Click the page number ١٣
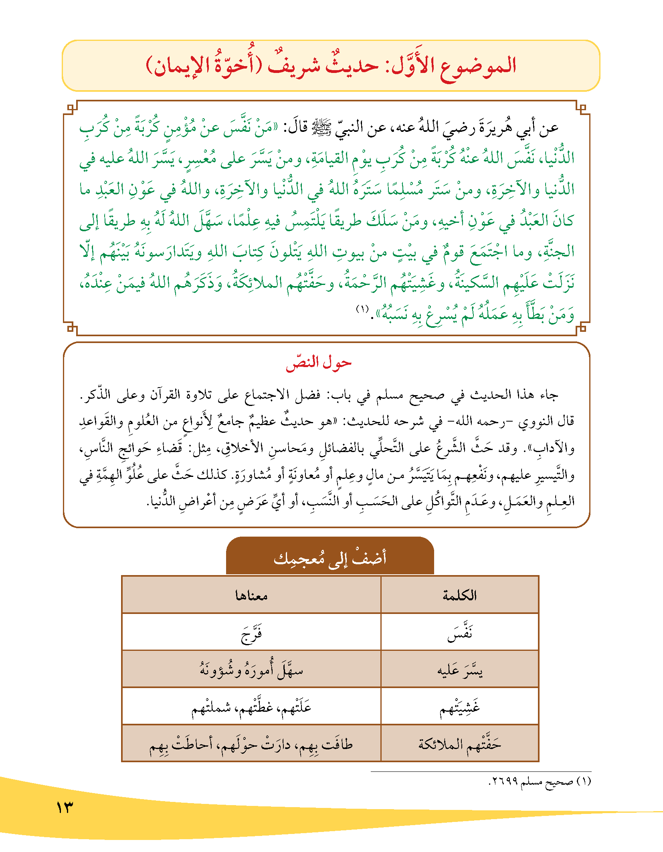(65, 807)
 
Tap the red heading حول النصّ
(318, 362)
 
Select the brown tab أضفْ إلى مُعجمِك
(330, 557)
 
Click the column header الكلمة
(459, 596)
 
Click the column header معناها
(251, 596)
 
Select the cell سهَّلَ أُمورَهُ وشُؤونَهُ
(251, 669)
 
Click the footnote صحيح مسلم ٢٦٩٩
(540, 781)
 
